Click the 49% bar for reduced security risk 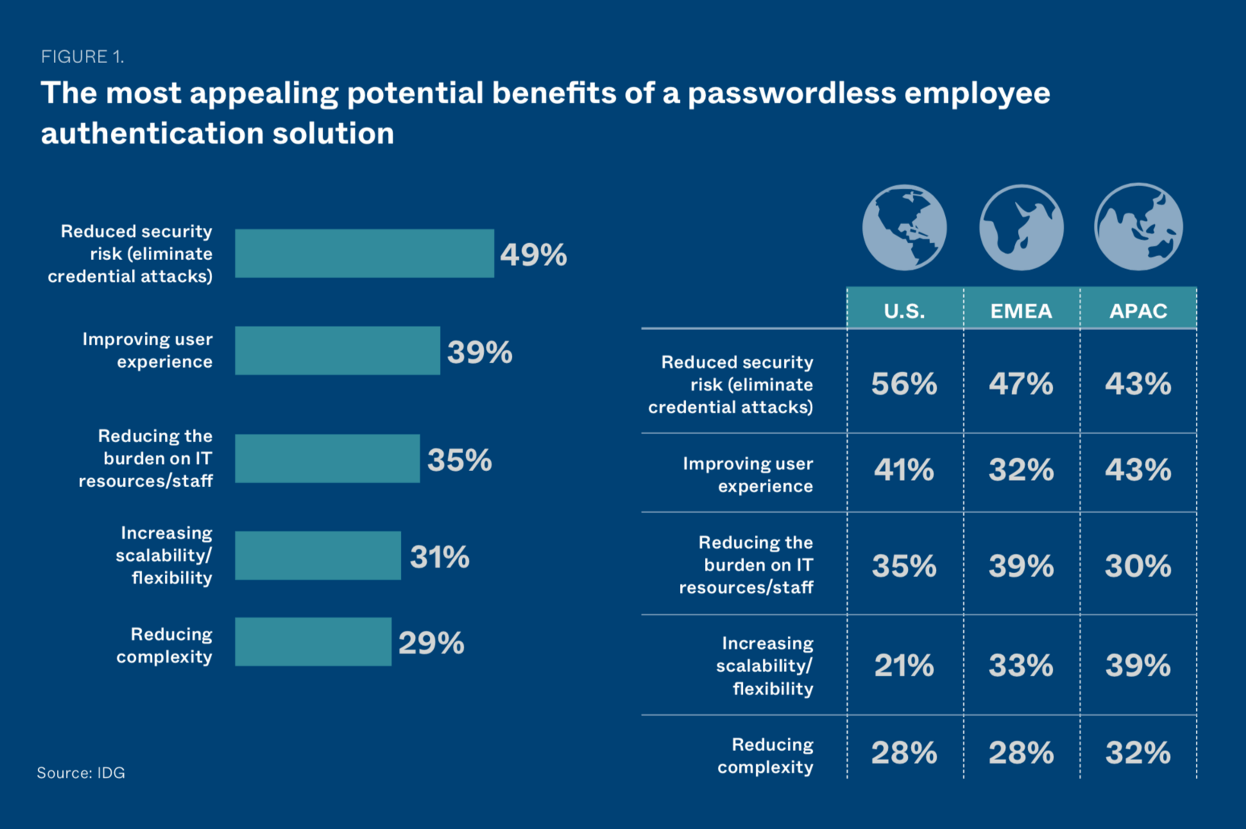tap(364, 253)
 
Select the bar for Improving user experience tap(337, 350)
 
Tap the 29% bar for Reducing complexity tap(313, 642)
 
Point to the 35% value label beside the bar tap(459, 460)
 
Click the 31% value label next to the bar tap(439, 557)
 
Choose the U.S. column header tap(904, 310)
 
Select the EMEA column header tap(1021, 310)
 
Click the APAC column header tap(1138, 310)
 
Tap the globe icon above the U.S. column tap(904, 227)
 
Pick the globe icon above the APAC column tap(1138, 227)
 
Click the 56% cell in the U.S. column tap(904, 384)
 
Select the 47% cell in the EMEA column tap(1021, 384)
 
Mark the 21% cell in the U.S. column tap(904, 666)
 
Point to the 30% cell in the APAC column tap(1138, 566)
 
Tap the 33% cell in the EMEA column tap(1021, 666)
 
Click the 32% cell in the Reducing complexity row tap(1138, 753)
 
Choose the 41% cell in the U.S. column tap(904, 470)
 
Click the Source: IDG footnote tap(81, 773)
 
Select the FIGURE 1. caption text tap(83, 57)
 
